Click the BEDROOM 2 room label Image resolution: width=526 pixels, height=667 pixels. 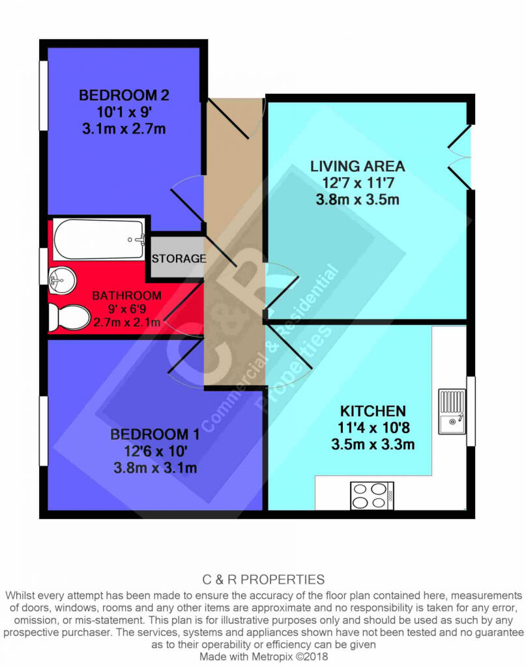click(x=124, y=95)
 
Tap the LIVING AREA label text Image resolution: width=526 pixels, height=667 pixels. click(x=357, y=166)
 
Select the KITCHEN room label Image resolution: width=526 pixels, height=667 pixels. click(x=373, y=411)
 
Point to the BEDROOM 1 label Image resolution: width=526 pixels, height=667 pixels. click(x=155, y=434)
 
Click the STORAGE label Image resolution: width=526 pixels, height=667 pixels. click(x=179, y=258)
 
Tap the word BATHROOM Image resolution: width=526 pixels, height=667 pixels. click(x=127, y=295)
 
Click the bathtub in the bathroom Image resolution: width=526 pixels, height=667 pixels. click(x=98, y=239)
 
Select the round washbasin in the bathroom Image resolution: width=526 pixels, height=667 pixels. click(x=62, y=280)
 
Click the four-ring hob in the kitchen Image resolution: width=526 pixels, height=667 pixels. click(x=372, y=496)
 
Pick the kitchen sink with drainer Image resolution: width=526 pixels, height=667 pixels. click(x=452, y=412)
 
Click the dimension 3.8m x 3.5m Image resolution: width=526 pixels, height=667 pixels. click(x=357, y=199)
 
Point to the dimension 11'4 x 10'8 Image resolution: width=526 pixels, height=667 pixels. click(x=373, y=427)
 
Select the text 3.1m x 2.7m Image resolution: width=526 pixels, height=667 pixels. click(x=124, y=128)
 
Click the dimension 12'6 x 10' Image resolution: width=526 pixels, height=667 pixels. click(x=155, y=451)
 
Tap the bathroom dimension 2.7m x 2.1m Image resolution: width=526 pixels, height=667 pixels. click(x=127, y=322)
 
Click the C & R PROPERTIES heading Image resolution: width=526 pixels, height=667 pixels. click(x=263, y=579)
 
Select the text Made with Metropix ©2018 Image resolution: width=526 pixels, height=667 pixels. click(x=263, y=656)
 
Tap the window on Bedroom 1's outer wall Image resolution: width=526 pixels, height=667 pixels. click(x=44, y=431)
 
